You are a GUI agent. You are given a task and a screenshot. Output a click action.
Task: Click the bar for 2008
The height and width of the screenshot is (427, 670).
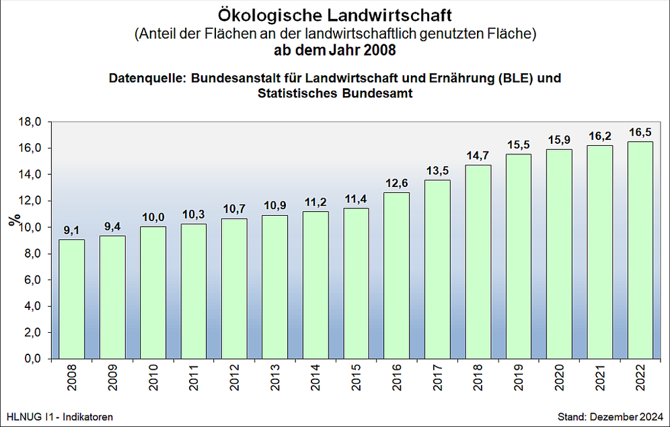click(x=72, y=299)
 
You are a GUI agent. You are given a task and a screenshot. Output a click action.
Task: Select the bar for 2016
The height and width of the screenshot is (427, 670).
click(x=396, y=276)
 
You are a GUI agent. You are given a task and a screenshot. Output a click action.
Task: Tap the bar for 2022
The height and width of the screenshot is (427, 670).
click(x=640, y=250)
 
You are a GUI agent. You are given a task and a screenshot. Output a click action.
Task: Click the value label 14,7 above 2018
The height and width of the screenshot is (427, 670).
click(x=478, y=155)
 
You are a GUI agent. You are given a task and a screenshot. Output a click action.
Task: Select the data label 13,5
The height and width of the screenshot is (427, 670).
click(x=437, y=171)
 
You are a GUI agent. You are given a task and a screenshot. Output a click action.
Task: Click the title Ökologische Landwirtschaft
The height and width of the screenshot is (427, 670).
click(x=335, y=14)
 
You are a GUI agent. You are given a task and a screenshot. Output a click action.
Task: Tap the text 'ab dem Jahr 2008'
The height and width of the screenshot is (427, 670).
click(x=334, y=50)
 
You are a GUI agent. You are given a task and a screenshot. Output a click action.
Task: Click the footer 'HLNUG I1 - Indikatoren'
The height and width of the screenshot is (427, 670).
click(x=59, y=416)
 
